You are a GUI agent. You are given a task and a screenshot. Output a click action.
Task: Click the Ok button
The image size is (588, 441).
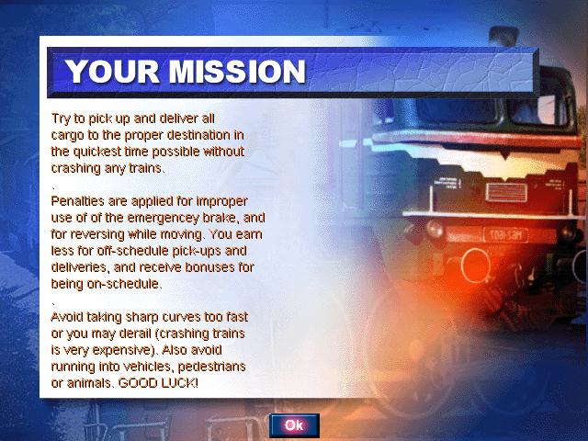click(294, 425)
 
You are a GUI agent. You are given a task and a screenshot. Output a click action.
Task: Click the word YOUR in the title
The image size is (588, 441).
click(112, 72)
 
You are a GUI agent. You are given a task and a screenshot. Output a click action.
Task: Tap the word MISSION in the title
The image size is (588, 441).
click(237, 72)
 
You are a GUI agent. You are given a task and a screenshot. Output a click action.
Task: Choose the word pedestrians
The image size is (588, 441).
click(211, 367)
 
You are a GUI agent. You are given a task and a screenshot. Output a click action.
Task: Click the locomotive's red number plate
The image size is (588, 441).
click(505, 235)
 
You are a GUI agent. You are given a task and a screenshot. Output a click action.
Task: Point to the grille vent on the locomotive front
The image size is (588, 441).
click(506, 193)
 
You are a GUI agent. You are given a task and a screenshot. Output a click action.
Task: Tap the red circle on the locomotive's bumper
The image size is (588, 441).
click(476, 266)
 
